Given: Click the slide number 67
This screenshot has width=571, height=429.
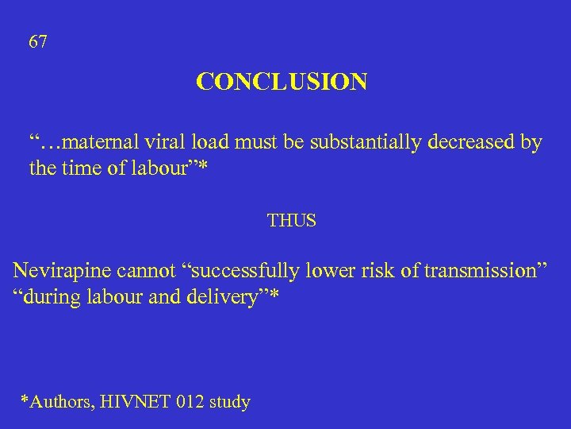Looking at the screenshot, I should point(38,42).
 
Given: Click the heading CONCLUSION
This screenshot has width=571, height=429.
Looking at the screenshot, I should point(282,82).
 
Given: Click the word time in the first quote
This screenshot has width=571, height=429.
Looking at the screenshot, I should point(79,168).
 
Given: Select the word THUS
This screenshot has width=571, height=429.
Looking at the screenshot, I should point(291,221).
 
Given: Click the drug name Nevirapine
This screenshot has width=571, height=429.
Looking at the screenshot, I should point(61,271).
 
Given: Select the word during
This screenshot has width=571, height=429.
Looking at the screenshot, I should point(48,296).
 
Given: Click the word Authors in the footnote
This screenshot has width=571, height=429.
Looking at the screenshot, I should point(60,402).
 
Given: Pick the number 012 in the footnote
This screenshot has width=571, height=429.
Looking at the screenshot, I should point(189,402).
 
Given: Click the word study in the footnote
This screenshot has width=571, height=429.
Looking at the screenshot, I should point(230,402).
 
